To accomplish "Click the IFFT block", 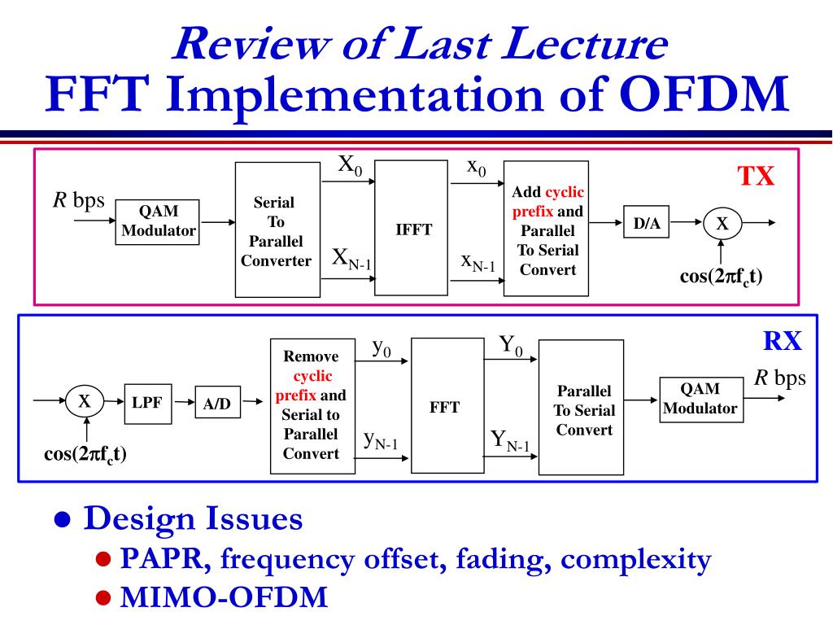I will (x=413, y=229).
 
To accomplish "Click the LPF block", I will (x=148, y=402).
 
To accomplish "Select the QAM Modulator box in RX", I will (x=700, y=400).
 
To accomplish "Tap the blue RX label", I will (x=783, y=343).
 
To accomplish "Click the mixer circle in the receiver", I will (x=85, y=400).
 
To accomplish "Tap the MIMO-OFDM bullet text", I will (x=224, y=597).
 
